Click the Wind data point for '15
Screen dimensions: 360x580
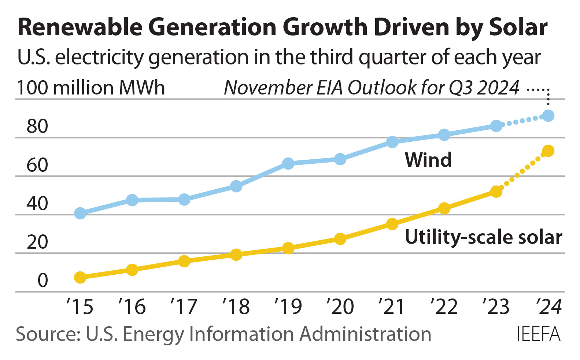pos(80,213)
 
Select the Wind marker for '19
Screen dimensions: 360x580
pos(288,163)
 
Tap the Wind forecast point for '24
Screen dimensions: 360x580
pos(548,116)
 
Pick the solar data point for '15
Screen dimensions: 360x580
pos(80,278)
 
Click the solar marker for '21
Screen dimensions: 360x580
pos(392,224)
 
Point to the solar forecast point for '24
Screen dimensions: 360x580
pos(548,151)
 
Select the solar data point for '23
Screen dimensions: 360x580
pos(496,192)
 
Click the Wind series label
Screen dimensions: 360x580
pos(428,160)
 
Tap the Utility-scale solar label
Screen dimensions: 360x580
pos(483,237)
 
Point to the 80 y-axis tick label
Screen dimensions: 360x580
pos(37,126)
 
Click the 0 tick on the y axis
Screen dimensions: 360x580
pos(43,281)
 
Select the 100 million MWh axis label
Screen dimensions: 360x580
pos(91,88)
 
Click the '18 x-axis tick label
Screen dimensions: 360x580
pos(236,307)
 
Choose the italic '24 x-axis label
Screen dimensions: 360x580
pos(548,307)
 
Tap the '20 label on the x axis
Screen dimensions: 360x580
pos(340,307)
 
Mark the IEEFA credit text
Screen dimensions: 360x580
pos(539,334)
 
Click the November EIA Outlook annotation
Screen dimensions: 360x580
pos(371,88)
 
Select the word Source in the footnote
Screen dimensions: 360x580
pos(48,334)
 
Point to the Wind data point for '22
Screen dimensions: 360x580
pos(444,135)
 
